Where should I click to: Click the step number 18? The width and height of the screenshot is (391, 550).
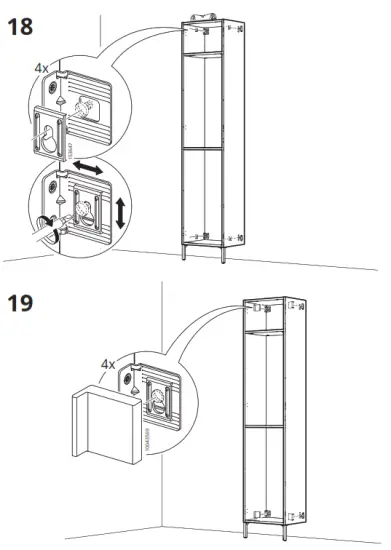point(21,26)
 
